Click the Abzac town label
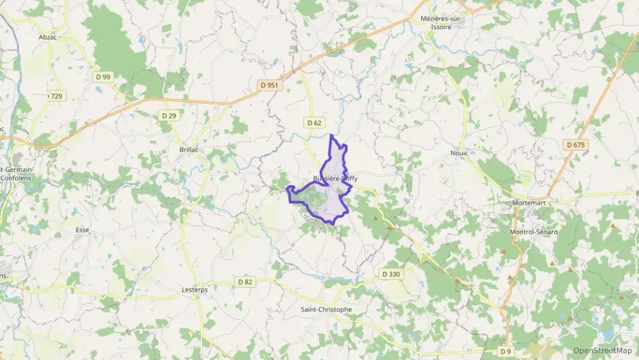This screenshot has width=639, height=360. pyautogui.click(x=47, y=37)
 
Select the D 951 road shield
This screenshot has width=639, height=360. pyautogui.click(x=269, y=85)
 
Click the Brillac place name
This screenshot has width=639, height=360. pyautogui.click(x=188, y=149)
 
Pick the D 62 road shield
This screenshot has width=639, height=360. pyautogui.click(x=313, y=122)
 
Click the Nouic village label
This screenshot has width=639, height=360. pyautogui.click(x=459, y=153)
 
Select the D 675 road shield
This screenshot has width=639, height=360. pyautogui.click(x=576, y=144)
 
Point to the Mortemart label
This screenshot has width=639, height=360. pyautogui.click(x=530, y=203)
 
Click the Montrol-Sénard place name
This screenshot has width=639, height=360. pyautogui.click(x=533, y=232)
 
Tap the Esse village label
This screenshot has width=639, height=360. pyautogui.click(x=83, y=230)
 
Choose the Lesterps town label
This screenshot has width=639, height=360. pyautogui.click(x=195, y=289)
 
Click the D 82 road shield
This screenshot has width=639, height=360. pyautogui.click(x=245, y=281)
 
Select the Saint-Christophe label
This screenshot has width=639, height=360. pyautogui.click(x=326, y=309)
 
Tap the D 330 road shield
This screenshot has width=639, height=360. pyautogui.click(x=391, y=274)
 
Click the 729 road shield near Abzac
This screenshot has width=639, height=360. pyautogui.click(x=55, y=96)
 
